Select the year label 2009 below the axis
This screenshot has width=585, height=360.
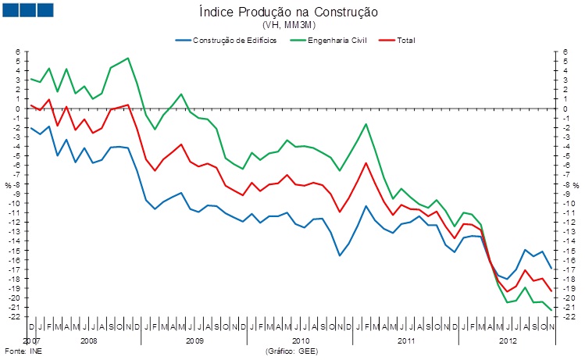click(194, 341)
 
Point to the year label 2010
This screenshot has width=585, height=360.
click(301, 341)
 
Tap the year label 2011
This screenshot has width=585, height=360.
click(406, 341)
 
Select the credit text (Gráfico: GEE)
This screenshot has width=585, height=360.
click(291, 352)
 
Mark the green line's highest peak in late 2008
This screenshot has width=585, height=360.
click(128, 58)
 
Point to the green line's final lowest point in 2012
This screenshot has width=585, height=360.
click(552, 311)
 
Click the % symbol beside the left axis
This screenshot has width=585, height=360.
click(8, 185)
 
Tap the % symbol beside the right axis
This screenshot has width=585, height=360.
click(577, 185)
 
